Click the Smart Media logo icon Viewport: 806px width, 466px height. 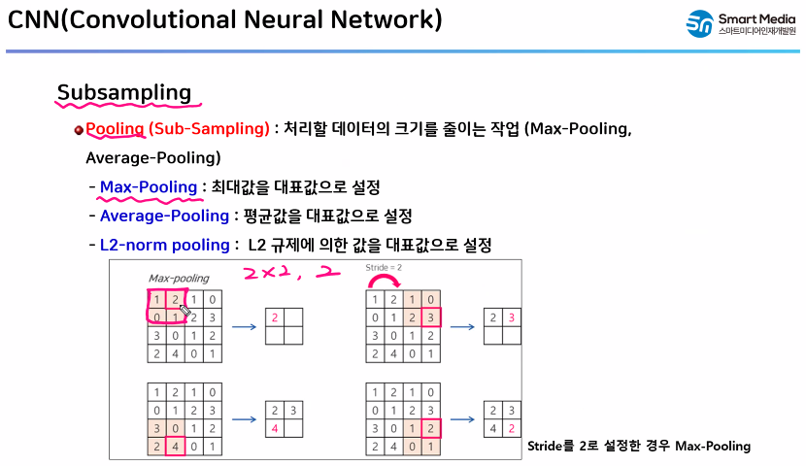698,24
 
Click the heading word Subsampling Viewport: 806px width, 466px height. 123,92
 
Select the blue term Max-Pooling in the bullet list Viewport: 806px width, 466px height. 148,186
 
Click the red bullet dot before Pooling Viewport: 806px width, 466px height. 79,130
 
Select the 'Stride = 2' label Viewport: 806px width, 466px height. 383,266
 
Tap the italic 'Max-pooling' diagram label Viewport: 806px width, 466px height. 178,278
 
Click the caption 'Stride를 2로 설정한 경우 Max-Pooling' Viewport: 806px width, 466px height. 638,446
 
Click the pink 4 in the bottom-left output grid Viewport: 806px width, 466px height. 275,428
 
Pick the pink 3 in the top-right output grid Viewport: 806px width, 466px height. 512,317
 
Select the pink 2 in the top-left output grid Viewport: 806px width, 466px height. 275,317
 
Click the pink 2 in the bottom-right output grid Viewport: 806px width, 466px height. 512,428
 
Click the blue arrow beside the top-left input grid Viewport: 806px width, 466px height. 244,327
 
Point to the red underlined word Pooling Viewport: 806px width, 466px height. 115,128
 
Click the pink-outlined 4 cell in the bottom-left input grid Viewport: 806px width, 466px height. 174,447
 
